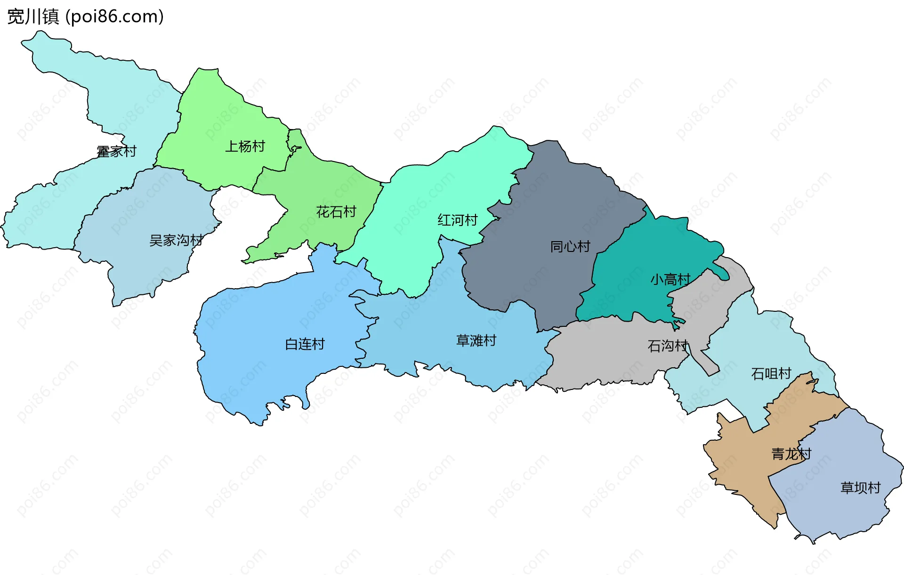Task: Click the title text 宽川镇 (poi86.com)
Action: (85, 16)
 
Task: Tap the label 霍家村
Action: (116, 152)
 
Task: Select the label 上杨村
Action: (245, 146)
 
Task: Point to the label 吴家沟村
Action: (176, 241)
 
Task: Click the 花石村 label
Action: (336, 212)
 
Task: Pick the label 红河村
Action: (458, 220)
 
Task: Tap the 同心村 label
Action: (570, 246)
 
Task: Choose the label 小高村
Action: (670, 280)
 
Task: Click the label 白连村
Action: (305, 344)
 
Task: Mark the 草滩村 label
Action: (476, 340)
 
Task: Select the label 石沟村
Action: (668, 346)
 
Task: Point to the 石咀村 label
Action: (771, 374)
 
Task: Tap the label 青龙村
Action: (791, 454)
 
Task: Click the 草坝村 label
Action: (861, 488)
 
